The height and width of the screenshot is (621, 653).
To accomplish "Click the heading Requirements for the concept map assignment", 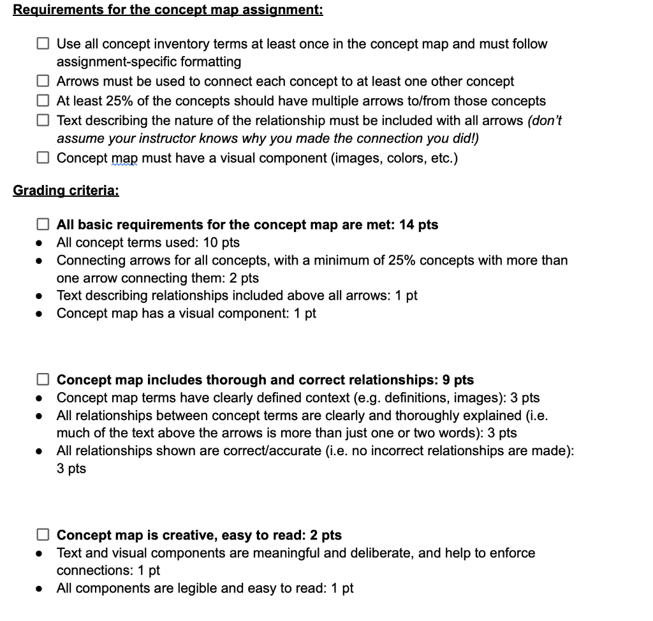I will pyautogui.click(x=168, y=10).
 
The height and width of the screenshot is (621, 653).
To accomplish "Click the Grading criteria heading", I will pyautogui.click(x=66, y=191).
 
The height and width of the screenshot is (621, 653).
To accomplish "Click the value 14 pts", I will pyautogui.click(x=418, y=224).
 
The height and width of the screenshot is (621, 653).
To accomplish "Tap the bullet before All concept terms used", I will pyautogui.click(x=40, y=243).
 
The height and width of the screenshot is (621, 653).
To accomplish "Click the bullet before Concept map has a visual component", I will pyautogui.click(x=40, y=314).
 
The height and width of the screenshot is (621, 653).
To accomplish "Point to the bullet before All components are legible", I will pyautogui.click(x=40, y=588).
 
